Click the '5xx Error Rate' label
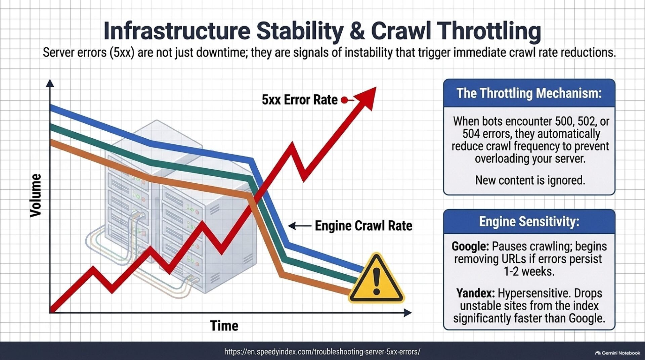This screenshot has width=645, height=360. (300, 100)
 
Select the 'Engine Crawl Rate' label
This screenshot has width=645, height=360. (363, 226)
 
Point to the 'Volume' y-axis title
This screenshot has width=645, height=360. (36, 195)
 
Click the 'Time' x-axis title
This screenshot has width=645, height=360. (224, 326)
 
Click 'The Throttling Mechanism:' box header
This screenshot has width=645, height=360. (529, 93)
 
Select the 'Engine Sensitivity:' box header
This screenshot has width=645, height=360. (529, 222)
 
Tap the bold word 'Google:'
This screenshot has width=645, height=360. (470, 246)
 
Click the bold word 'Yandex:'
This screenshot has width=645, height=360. (475, 293)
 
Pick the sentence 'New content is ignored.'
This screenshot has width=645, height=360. (530, 180)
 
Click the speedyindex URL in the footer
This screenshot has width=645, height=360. (322, 352)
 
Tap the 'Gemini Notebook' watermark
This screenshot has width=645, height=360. (618, 353)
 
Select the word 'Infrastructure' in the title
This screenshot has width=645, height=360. (177, 31)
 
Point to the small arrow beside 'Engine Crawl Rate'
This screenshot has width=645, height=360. (300, 226)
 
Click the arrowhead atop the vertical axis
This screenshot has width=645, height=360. (50, 83)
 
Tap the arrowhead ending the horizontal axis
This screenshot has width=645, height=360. (407, 313)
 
